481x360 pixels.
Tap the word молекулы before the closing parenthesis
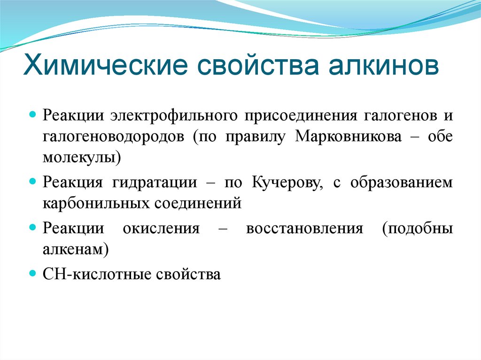pos(80,157)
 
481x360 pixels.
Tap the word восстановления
pos(304,228)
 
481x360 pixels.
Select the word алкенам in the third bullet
pos(74,249)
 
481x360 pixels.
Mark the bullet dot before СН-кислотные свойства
pos(33,273)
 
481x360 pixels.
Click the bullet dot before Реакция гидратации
pos(33,181)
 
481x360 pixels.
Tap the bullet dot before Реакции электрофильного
pos(33,114)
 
